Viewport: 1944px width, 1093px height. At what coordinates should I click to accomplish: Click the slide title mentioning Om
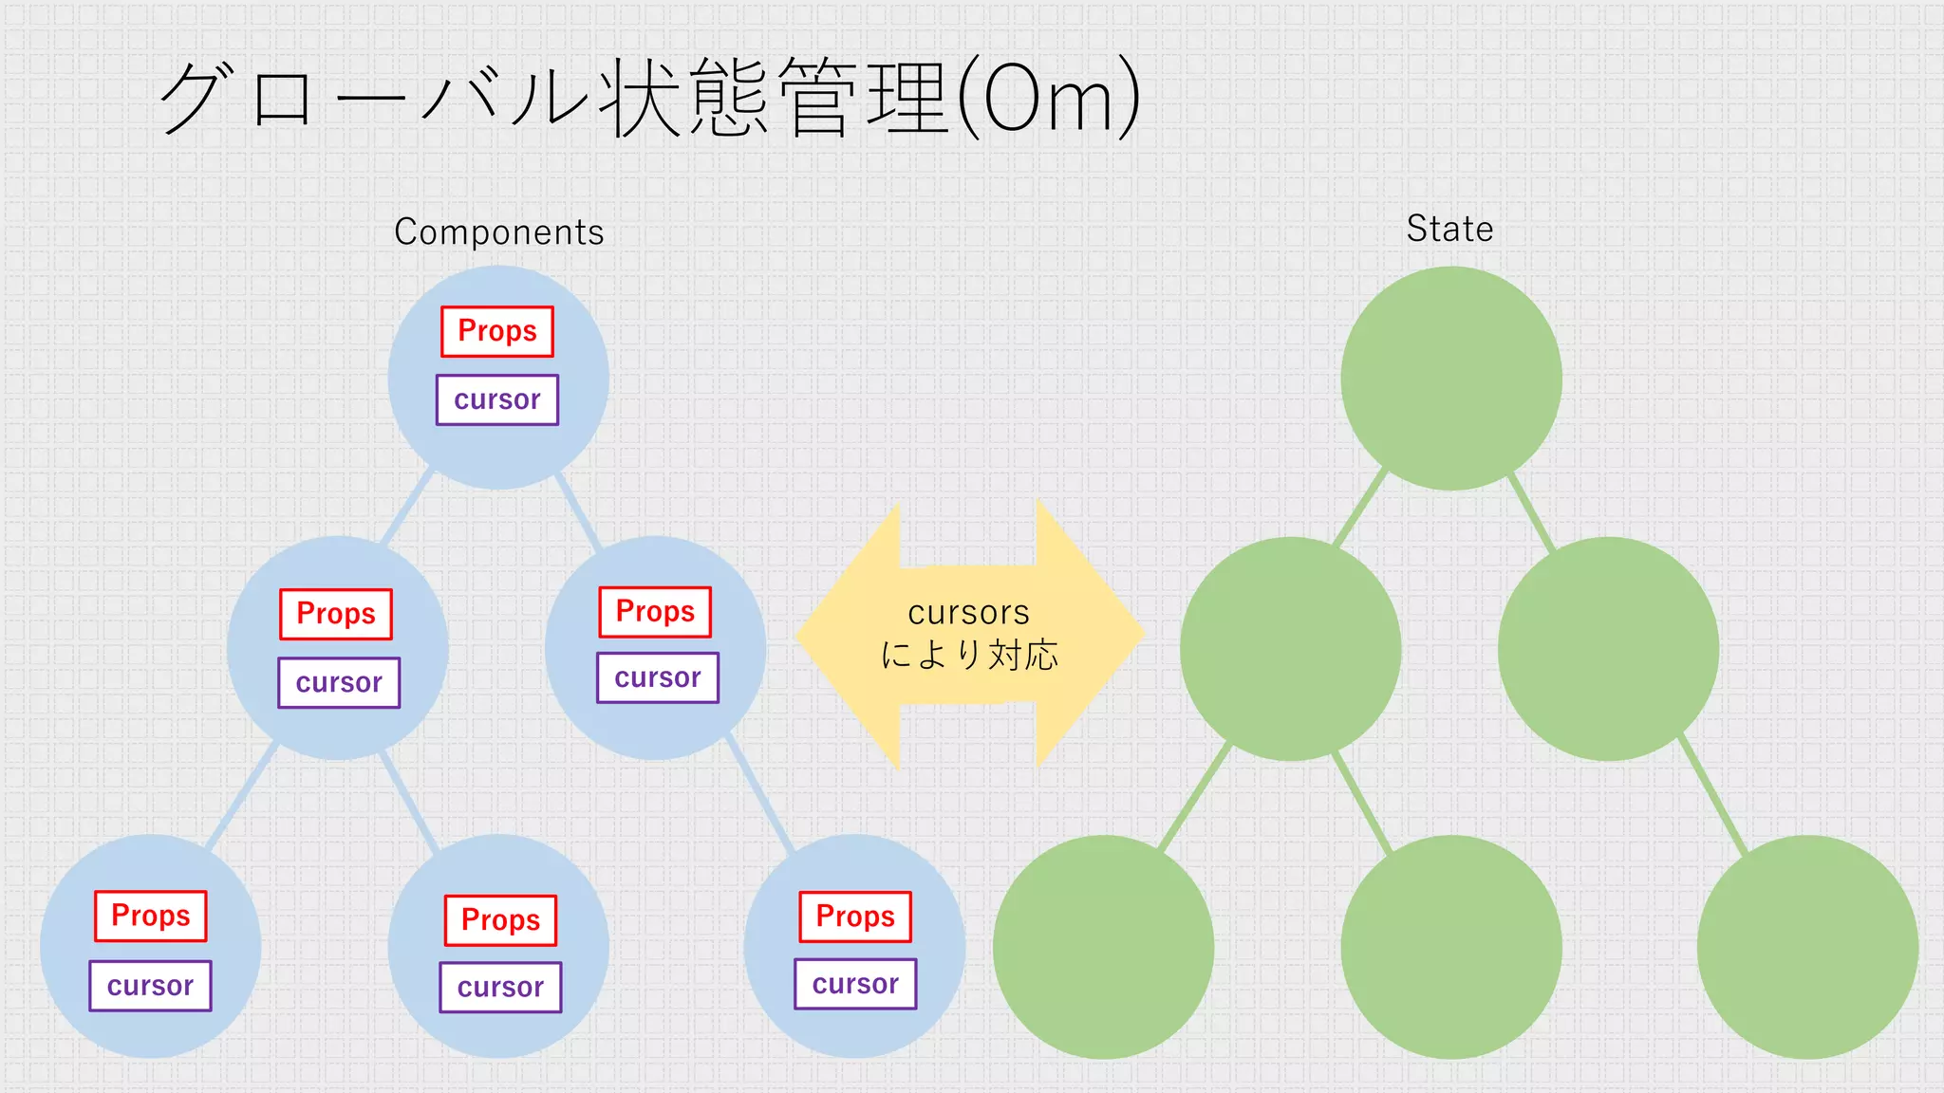pyautogui.click(x=649, y=98)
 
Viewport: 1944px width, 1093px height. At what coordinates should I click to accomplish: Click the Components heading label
pyautogui.click(x=499, y=232)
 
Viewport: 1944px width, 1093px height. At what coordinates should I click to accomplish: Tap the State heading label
pyautogui.click(x=1449, y=229)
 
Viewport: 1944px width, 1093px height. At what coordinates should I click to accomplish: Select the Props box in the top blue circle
pyautogui.click(x=497, y=331)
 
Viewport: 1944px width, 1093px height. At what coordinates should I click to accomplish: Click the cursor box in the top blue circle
pyautogui.click(x=497, y=399)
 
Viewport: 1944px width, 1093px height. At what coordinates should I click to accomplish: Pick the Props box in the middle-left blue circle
pyautogui.click(x=336, y=614)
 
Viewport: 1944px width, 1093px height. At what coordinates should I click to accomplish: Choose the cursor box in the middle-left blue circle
pyautogui.click(x=339, y=682)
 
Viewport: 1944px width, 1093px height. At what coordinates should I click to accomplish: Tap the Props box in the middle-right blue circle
pyautogui.click(x=655, y=612)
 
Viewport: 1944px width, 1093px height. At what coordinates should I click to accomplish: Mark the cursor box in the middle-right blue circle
pyautogui.click(x=658, y=677)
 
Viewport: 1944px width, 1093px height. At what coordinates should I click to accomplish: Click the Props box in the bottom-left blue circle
pyautogui.click(x=151, y=916)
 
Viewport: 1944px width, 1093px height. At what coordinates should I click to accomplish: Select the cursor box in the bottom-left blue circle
pyautogui.click(x=150, y=986)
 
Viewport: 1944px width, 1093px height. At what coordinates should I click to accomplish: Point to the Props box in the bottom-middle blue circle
pyautogui.click(x=501, y=920)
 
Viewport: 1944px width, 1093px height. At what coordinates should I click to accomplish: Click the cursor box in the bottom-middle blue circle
pyautogui.click(x=500, y=988)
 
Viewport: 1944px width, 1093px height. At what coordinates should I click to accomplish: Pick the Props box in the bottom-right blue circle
pyautogui.click(x=855, y=917)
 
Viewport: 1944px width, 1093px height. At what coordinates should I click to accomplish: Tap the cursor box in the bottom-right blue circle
pyautogui.click(x=855, y=984)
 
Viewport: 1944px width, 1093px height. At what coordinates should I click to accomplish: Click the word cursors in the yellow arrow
pyautogui.click(x=968, y=613)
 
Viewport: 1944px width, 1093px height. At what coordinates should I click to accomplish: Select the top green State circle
pyautogui.click(x=1451, y=378)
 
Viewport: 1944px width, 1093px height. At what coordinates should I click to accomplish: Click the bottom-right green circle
pyautogui.click(x=1807, y=947)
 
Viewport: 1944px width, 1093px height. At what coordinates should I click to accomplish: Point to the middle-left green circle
pyautogui.click(x=1291, y=649)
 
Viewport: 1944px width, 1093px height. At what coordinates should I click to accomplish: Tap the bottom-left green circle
pyautogui.click(x=1103, y=947)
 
